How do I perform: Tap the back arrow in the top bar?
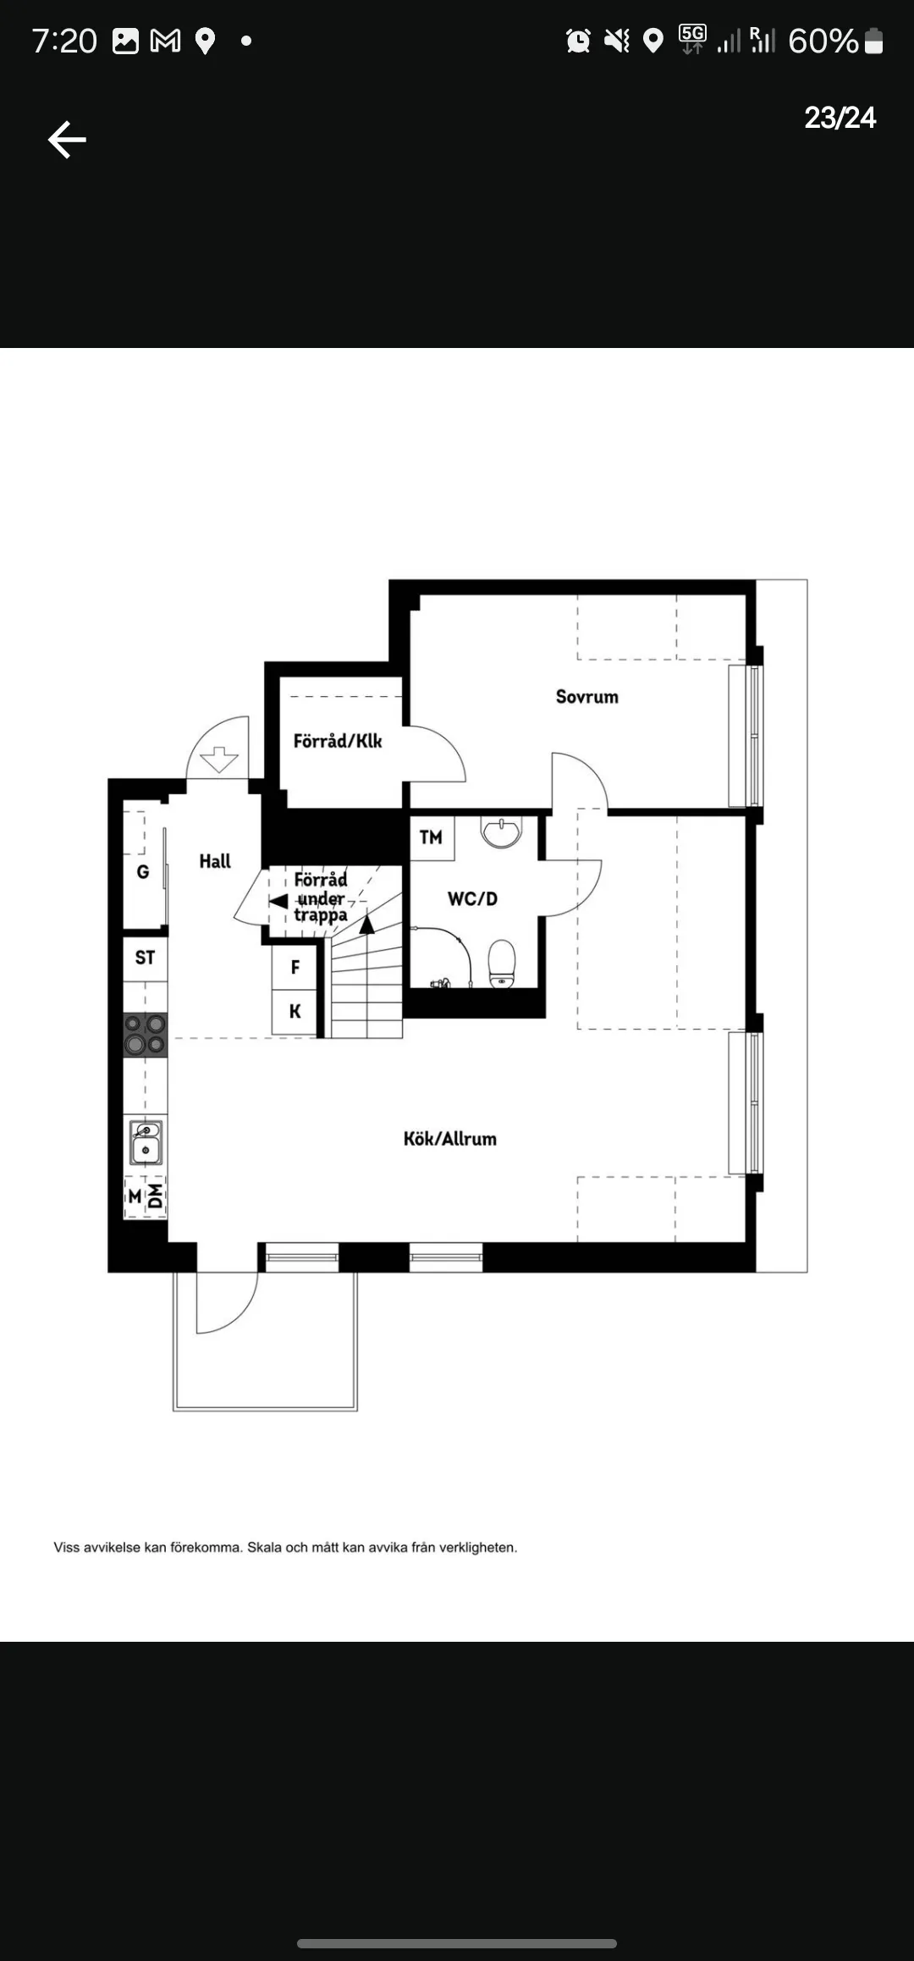point(67,140)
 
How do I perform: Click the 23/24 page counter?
point(840,118)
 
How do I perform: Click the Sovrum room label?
point(587,697)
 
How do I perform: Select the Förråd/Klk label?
point(338,741)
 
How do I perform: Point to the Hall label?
point(215,861)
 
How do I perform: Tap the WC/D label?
point(472,898)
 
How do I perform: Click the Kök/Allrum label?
point(450,1139)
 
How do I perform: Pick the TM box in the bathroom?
point(432,837)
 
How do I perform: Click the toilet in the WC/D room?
point(502,964)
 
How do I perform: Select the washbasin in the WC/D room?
point(502,831)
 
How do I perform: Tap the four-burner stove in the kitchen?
point(146,1035)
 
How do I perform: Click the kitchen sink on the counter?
point(146,1142)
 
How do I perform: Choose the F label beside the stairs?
point(295,967)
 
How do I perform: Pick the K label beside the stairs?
point(295,1011)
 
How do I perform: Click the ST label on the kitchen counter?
point(146,958)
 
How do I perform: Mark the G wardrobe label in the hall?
point(143,871)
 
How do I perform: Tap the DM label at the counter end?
point(156,1196)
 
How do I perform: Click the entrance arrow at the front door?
point(218,759)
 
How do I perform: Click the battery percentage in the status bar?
point(823,41)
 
